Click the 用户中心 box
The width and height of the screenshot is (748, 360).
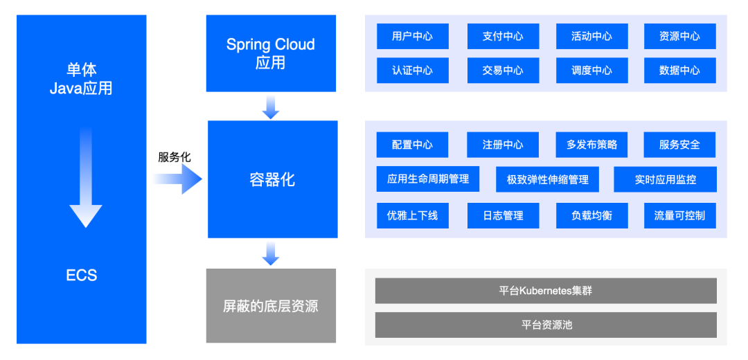(x=413, y=36)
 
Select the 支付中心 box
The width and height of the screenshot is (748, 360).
(x=503, y=36)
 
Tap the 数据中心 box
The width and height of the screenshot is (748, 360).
(x=680, y=71)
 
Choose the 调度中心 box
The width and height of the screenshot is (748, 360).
(x=592, y=71)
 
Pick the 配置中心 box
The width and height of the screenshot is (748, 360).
(x=413, y=145)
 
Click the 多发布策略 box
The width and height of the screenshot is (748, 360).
(x=592, y=145)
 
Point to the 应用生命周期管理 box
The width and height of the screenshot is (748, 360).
(x=428, y=179)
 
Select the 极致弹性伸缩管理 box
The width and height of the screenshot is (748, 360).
(x=547, y=179)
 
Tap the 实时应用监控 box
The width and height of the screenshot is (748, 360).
(x=665, y=179)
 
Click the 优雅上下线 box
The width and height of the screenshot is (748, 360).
(x=413, y=215)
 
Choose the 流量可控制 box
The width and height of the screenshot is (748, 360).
(x=680, y=215)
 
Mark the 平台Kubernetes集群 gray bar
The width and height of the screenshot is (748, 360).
(x=546, y=290)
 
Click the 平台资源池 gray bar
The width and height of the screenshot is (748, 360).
(x=546, y=325)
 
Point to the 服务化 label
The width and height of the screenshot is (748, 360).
(x=175, y=158)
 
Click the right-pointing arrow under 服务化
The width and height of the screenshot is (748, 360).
(x=178, y=179)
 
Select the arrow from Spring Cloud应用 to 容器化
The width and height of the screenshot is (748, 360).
(x=271, y=107)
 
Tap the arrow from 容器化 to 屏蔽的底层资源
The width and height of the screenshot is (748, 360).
(x=271, y=253)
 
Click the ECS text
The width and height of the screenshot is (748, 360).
(x=82, y=275)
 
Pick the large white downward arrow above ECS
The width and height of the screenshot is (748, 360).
(x=86, y=177)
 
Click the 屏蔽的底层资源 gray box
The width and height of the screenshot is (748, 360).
(x=271, y=305)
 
